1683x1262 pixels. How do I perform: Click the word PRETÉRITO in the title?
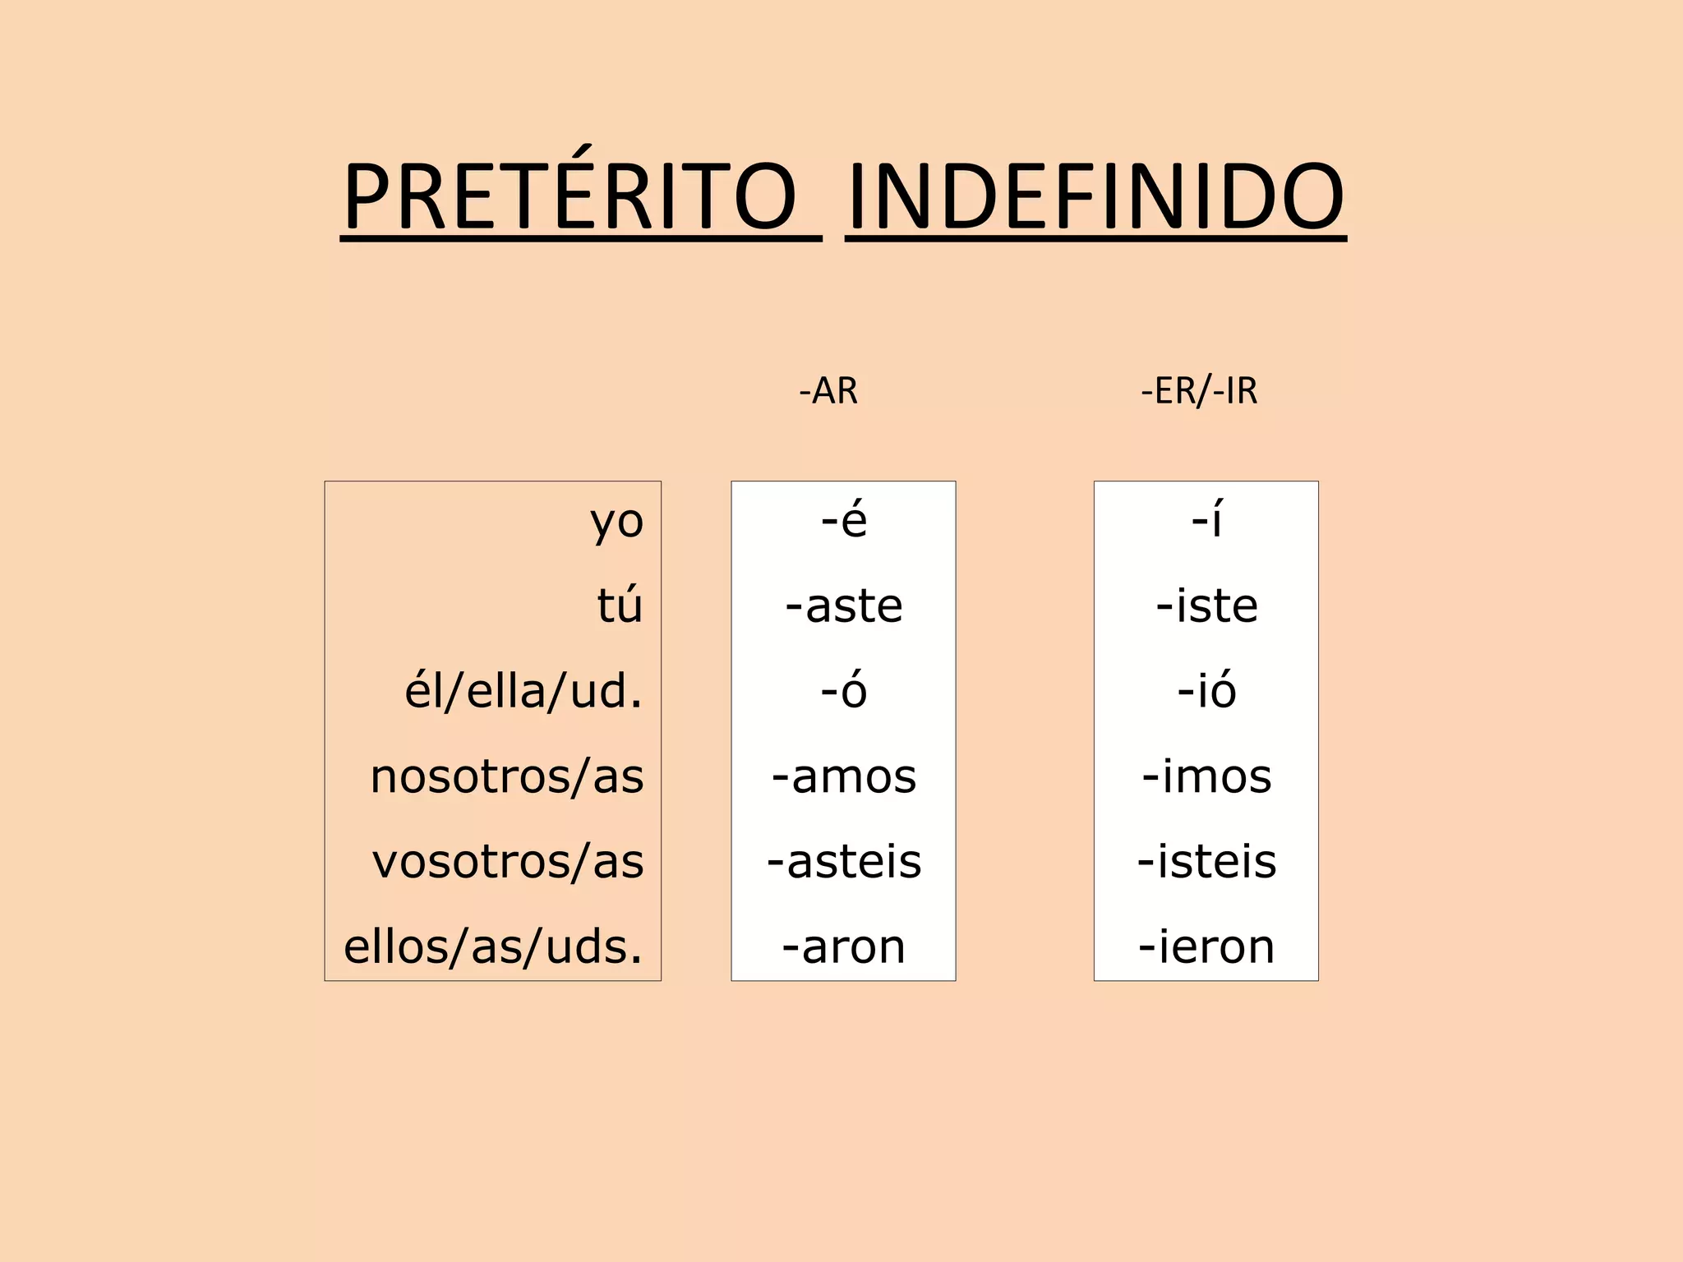coord(569,197)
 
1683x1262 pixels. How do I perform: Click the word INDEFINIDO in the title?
coord(1095,197)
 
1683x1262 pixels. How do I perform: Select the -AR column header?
coord(828,391)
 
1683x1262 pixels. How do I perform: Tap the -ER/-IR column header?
coord(1199,391)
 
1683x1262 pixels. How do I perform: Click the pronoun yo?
coord(616,522)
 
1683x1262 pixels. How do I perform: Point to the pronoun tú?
coord(620,606)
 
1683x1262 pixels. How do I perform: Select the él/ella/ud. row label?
coord(523,691)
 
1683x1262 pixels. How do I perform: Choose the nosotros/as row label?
coord(507,776)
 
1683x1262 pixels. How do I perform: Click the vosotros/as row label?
coord(508,862)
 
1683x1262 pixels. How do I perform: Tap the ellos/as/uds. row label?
coord(493,946)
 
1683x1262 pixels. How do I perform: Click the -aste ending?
coord(844,606)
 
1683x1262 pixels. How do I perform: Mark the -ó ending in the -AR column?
coord(844,691)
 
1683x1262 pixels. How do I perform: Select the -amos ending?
coord(844,776)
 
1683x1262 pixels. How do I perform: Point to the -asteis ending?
coord(844,862)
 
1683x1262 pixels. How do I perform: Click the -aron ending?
coord(844,946)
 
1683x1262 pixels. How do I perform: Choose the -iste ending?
coord(1206,606)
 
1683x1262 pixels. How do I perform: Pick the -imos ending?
coord(1206,776)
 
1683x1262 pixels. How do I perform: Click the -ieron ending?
coord(1206,946)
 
